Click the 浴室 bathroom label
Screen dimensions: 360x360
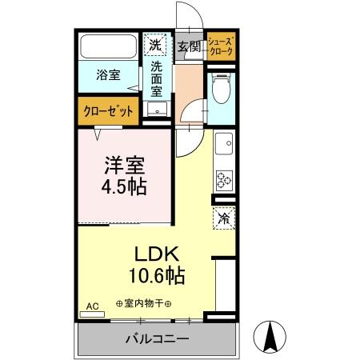click(x=109, y=75)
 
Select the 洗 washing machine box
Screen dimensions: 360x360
click(x=157, y=44)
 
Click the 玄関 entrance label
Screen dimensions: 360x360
click(x=188, y=46)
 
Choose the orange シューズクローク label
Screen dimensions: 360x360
click(x=220, y=46)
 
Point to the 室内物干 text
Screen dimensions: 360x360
click(x=148, y=303)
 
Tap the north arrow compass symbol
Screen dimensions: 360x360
click(x=270, y=336)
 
